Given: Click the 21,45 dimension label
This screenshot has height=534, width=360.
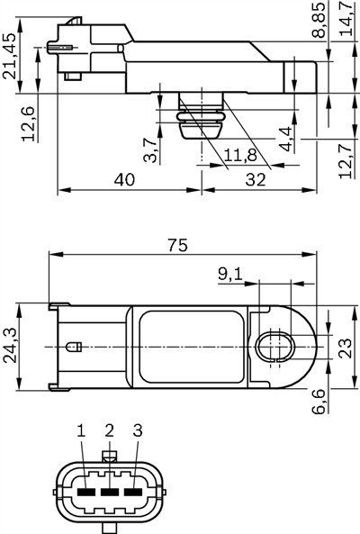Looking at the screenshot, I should [x=10, y=57].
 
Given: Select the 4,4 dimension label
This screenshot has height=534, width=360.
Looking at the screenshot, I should [x=284, y=140].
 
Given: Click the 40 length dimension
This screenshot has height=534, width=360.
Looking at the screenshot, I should [x=125, y=179].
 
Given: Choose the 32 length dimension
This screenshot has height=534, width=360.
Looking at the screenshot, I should [x=256, y=179].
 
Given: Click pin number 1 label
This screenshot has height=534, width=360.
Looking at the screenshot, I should [x=81, y=431].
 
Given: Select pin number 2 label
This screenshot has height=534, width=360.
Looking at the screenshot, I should [x=109, y=431].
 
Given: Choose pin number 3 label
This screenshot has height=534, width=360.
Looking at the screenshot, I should [x=137, y=431].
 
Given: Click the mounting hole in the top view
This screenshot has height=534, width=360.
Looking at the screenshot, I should [x=274, y=346].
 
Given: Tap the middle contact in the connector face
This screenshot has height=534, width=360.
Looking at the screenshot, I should [x=109, y=493].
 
